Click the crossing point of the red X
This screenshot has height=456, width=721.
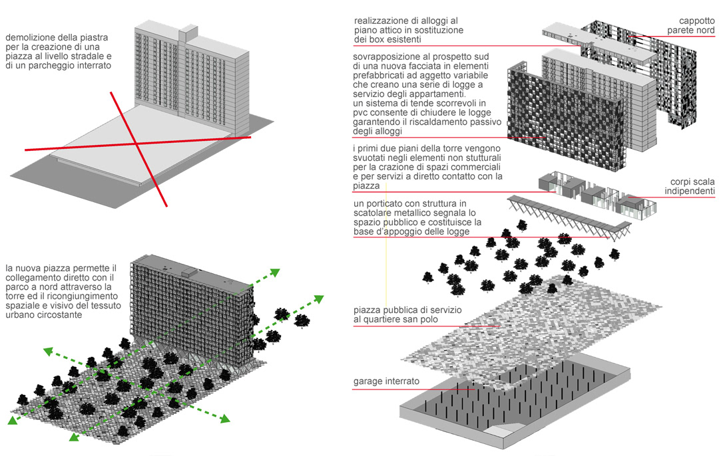138,143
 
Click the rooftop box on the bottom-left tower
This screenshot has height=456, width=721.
191,271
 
